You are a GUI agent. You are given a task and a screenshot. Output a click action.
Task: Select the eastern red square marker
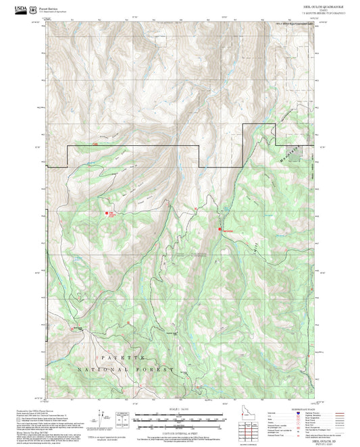(220, 230)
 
